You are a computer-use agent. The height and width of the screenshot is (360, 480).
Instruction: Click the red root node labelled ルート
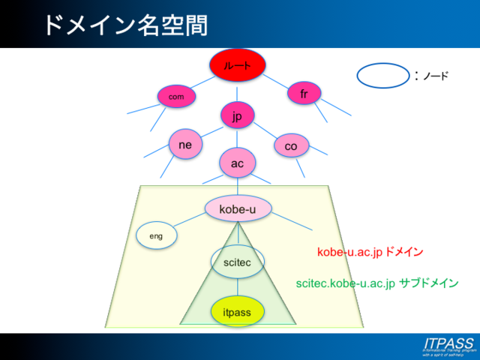tap(238, 65)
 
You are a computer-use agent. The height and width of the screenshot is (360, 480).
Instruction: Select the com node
tap(176, 96)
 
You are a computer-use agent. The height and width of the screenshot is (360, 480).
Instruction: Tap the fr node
tap(304, 94)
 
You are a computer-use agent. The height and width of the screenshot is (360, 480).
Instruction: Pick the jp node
tap(238, 115)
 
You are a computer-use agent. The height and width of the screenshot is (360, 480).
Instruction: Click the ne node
tap(184, 144)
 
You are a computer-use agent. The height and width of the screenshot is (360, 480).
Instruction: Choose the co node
tap(291, 146)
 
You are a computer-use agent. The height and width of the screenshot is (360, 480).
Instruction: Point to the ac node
tap(238, 163)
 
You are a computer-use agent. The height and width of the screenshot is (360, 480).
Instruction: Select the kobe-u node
tap(238, 208)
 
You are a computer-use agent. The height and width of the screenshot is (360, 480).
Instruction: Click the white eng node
tap(156, 236)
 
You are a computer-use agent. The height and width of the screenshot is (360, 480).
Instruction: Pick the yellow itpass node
tap(238, 311)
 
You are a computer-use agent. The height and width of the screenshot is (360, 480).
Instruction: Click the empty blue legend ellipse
tap(382, 76)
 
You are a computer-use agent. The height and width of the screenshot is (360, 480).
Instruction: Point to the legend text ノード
tap(436, 76)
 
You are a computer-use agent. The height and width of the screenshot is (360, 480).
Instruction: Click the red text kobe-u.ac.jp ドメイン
tap(370, 253)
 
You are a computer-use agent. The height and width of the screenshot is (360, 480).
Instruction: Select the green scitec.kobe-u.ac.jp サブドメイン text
tap(377, 284)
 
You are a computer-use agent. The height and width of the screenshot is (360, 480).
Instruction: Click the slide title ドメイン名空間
tap(124, 24)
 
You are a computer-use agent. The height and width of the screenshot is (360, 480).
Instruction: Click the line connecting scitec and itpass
tap(238, 286)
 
